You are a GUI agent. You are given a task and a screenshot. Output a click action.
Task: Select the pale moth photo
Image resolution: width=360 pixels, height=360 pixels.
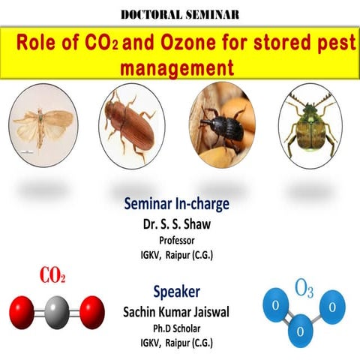tap(43, 123)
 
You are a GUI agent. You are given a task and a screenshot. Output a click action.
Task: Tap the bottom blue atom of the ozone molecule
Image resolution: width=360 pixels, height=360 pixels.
tap(300, 331)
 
